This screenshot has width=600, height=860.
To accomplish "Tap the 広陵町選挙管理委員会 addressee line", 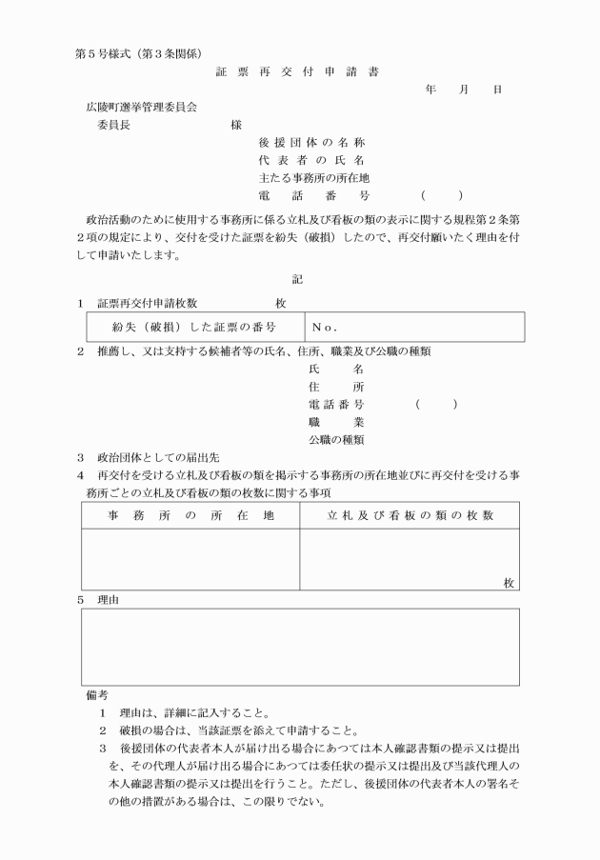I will point(142,108).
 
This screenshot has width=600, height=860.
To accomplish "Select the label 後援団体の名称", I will point(312,142).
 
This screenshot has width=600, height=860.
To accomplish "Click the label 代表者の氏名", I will point(312,160).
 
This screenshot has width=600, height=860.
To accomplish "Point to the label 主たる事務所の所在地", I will point(313,177).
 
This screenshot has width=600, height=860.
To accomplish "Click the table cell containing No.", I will point(414,327).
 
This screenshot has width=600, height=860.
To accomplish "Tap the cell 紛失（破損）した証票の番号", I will point(194,327).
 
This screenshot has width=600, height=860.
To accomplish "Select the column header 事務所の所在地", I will point(190,515).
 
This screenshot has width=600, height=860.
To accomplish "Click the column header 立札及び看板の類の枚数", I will point(410,515).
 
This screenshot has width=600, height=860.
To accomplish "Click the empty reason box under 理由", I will point(300,646).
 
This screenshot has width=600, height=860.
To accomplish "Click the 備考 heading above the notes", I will point(96,694).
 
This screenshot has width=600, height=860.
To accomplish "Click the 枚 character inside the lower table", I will point(510,583).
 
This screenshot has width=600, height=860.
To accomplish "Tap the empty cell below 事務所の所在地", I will point(190,560).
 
